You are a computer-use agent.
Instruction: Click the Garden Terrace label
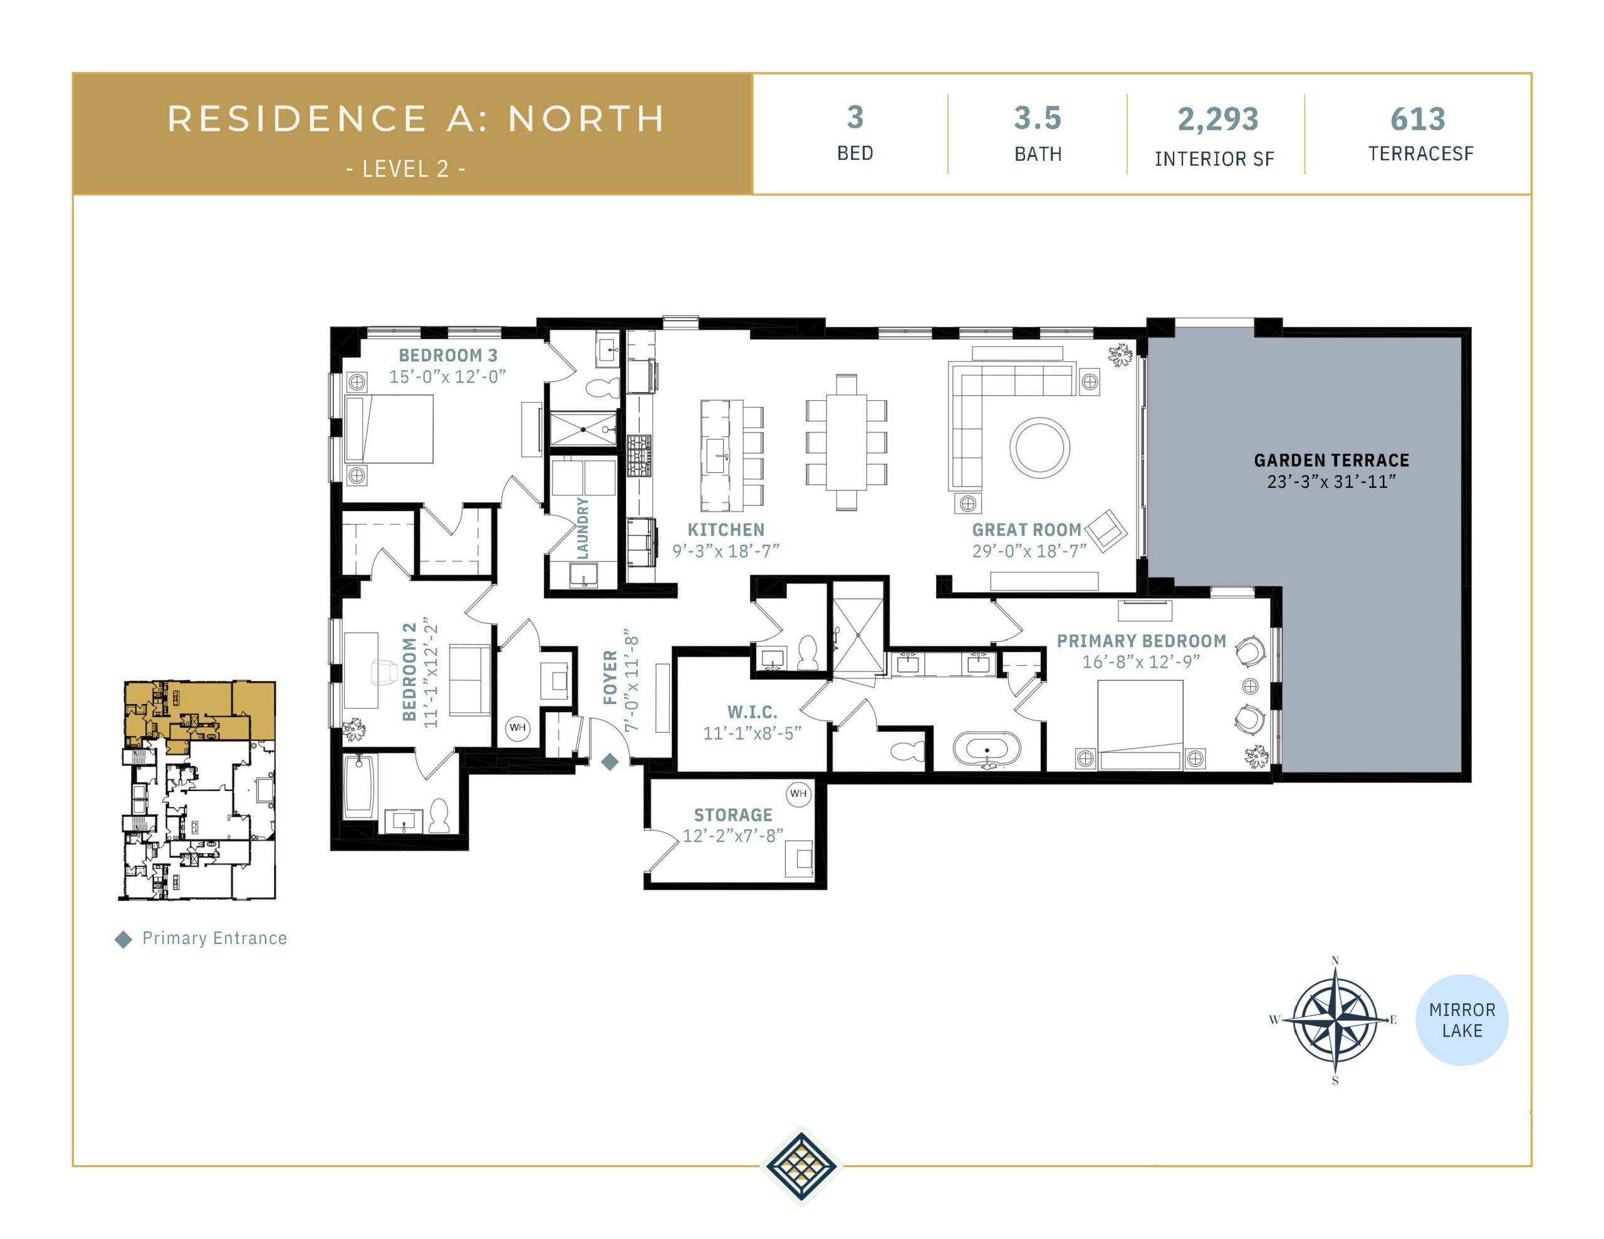1331,460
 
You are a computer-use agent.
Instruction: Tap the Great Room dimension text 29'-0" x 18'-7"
1029,551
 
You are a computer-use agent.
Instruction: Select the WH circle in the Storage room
798,793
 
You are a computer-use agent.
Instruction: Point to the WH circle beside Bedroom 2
518,728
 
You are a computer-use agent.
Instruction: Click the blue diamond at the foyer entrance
610,762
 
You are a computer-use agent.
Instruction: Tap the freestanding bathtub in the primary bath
987,750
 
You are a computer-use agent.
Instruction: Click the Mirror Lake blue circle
1462,1020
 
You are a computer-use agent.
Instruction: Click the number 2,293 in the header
1217,119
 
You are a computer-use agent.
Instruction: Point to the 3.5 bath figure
1038,118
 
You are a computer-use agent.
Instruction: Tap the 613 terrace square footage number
1417,119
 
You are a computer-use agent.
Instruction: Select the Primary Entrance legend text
214,938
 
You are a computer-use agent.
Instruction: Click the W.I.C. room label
752,712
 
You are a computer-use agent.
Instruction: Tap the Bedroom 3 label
448,355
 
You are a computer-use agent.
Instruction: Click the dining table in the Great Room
846,442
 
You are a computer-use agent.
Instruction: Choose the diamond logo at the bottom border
801,1166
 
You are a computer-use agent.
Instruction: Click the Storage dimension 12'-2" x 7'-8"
733,836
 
